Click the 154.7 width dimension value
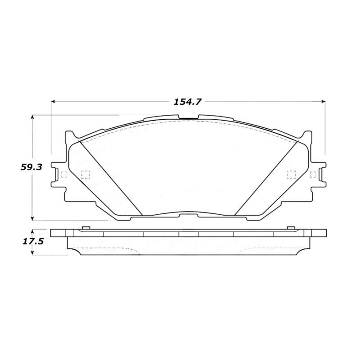pos(187,102)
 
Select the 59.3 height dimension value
pos(31,167)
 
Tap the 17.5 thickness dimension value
pos(31,242)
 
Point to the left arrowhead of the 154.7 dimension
pos(53,102)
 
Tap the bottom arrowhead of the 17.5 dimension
pos(32,253)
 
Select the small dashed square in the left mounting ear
pos(63,175)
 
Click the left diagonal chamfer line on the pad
pos(110,177)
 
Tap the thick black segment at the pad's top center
pos(188,119)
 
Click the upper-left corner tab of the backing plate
pos(70,135)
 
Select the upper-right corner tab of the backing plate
pos(306,135)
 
